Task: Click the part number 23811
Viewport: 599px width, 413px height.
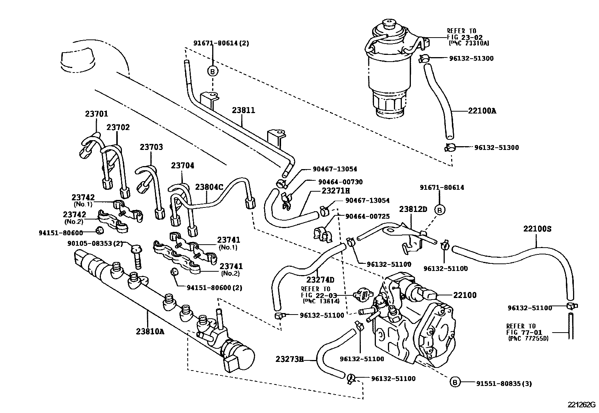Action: coord(243,110)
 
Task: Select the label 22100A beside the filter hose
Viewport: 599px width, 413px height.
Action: coord(482,111)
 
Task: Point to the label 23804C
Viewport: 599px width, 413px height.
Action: coord(209,187)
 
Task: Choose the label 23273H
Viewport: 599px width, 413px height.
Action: coord(289,359)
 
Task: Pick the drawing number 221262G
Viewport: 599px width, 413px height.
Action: coord(582,405)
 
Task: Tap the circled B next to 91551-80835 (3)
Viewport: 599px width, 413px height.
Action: coord(455,383)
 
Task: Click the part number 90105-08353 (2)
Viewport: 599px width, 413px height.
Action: coord(95,243)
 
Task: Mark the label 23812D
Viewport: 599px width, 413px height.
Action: coord(413,209)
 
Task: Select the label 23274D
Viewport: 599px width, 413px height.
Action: coord(320,280)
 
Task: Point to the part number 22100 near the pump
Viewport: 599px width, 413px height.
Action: coord(465,295)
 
